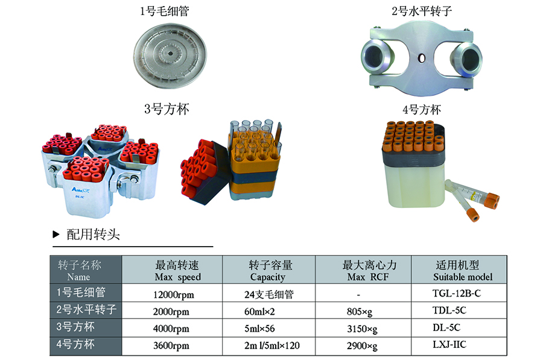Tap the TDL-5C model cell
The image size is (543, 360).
click(x=449, y=310)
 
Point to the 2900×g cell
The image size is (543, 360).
click(x=362, y=346)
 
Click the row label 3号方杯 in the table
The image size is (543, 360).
click(x=75, y=327)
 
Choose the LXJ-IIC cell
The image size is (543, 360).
click(x=449, y=344)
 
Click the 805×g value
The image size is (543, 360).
click(x=360, y=312)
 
